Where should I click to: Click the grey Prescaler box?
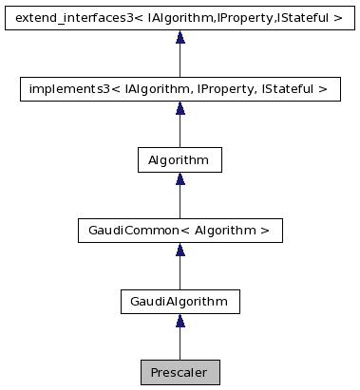[180, 372]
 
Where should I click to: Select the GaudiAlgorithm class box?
[180, 302]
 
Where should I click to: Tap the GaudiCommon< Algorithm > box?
[180, 231]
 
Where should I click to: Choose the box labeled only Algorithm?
[180, 159]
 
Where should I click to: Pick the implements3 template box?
[180, 89]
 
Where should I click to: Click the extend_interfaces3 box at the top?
[180, 18]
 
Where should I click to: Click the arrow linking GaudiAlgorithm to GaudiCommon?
[180, 269]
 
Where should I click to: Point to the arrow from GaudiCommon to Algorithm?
[180, 197]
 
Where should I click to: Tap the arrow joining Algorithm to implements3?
[180, 126]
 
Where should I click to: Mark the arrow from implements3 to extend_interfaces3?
[180, 55]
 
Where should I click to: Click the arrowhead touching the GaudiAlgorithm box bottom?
[180, 322]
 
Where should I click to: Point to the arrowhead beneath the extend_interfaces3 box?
[180, 38]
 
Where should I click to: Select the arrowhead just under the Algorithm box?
[180, 179]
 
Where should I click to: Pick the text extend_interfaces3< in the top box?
[70, 18]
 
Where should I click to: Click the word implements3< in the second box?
[68, 89]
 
